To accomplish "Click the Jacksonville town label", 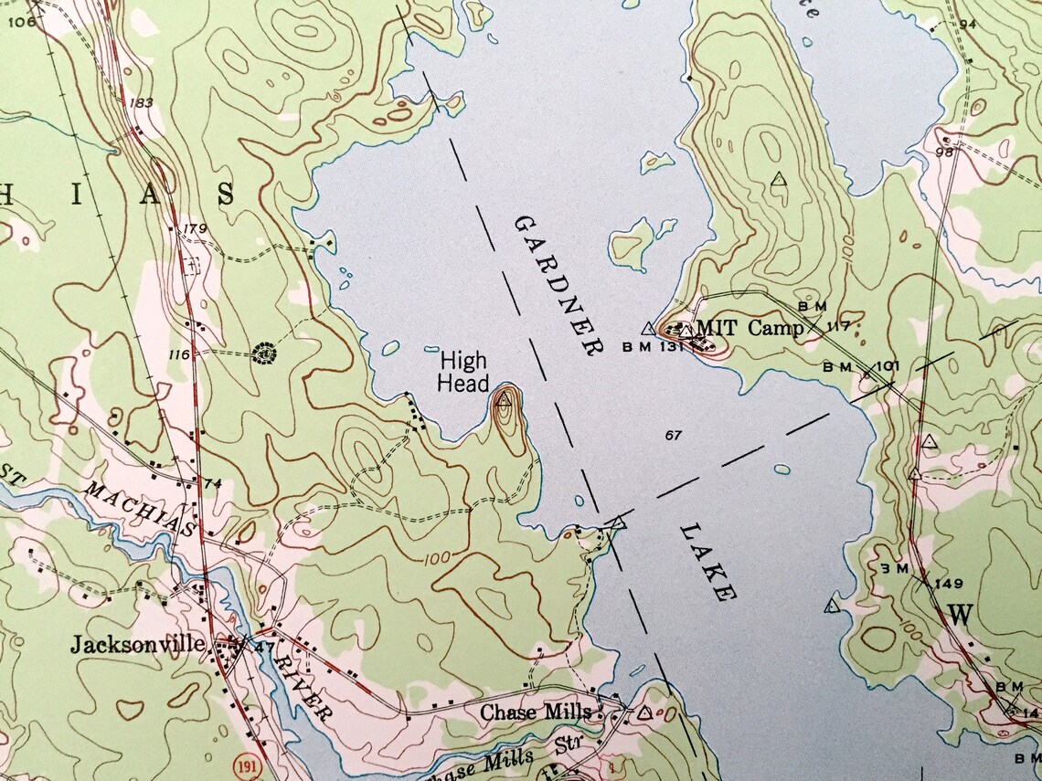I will [x=137, y=644].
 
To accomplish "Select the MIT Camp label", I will [x=750, y=327].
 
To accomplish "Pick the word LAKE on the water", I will [x=708, y=563].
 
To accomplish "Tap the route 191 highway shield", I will [x=243, y=762].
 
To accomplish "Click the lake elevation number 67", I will [x=674, y=435].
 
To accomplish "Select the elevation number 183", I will [x=141, y=102].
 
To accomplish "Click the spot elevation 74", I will [x=214, y=483].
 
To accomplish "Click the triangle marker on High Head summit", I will [x=504, y=400].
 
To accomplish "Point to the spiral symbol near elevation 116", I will [x=265, y=351].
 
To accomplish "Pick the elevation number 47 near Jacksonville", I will [x=266, y=647].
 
